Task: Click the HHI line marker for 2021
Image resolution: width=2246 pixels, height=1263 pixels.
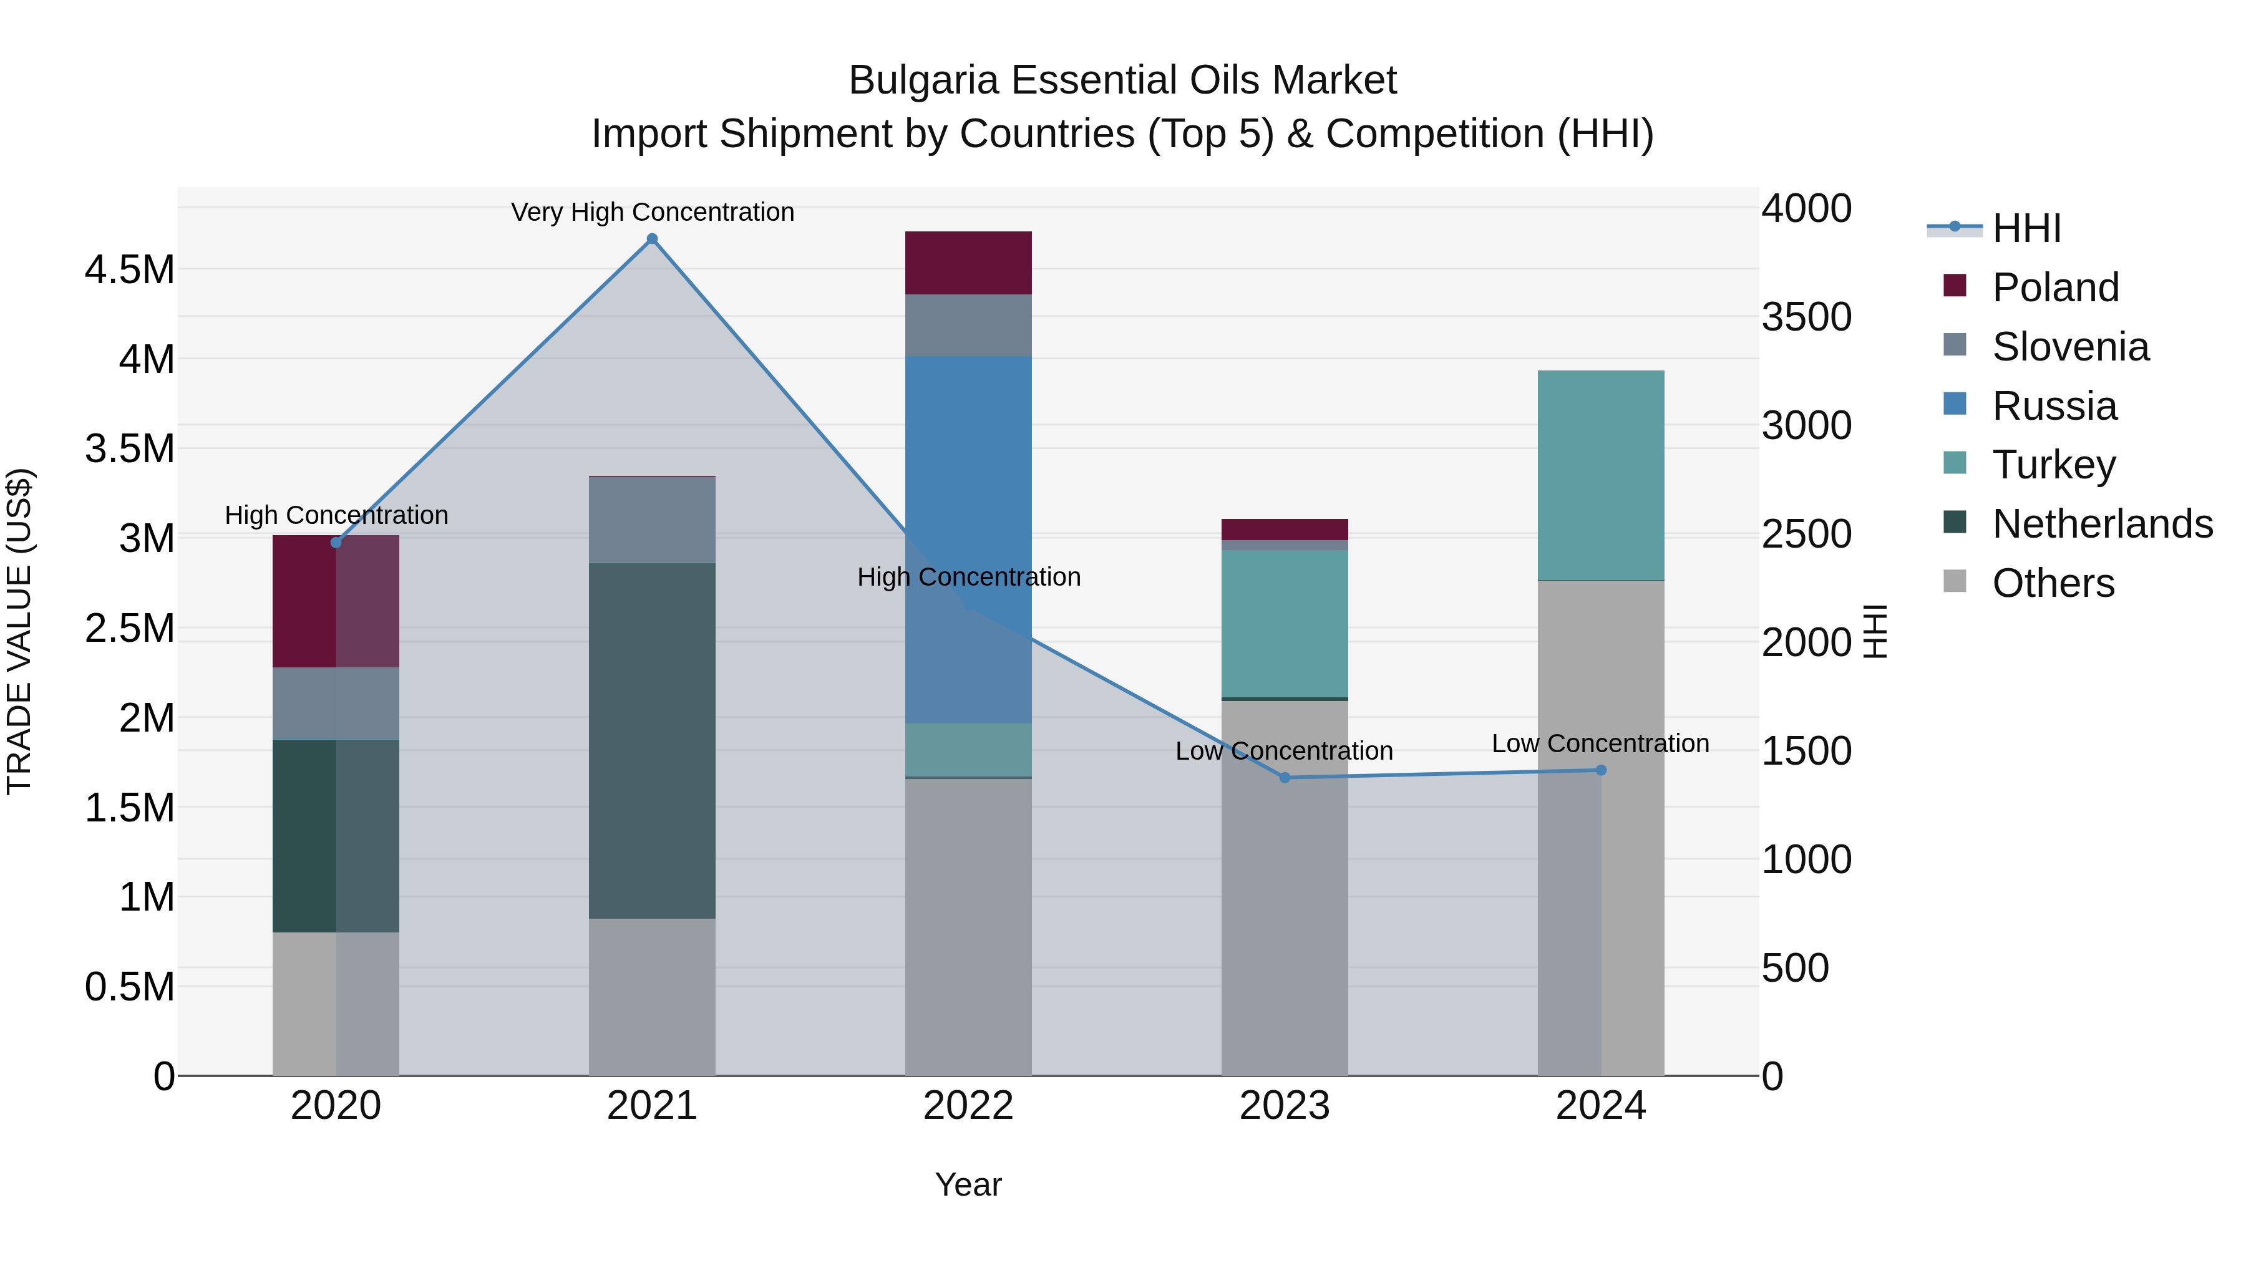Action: [x=652, y=239]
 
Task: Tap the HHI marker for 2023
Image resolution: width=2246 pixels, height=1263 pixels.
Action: [x=1285, y=778]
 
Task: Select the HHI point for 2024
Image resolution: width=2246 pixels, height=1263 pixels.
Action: [x=1601, y=770]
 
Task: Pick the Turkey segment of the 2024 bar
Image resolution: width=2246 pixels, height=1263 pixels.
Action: [x=1601, y=475]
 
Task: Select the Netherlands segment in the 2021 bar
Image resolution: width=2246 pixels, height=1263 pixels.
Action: [x=652, y=741]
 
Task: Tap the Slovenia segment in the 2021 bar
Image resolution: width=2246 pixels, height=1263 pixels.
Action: [x=652, y=520]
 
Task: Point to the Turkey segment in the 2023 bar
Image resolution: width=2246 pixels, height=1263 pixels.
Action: [x=1285, y=623]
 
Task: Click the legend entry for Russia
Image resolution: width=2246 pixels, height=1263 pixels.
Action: [x=2054, y=406]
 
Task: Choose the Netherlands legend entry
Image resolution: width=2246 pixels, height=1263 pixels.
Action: [x=2102, y=524]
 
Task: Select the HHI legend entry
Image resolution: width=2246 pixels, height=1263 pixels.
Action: [x=2026, y=228]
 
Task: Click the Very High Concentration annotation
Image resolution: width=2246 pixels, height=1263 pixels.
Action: [x=652, y=212]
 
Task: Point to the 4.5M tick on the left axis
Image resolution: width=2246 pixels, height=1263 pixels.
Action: [x=130, y=270]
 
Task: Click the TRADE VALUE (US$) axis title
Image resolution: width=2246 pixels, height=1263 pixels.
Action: [x=19, y=631]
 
